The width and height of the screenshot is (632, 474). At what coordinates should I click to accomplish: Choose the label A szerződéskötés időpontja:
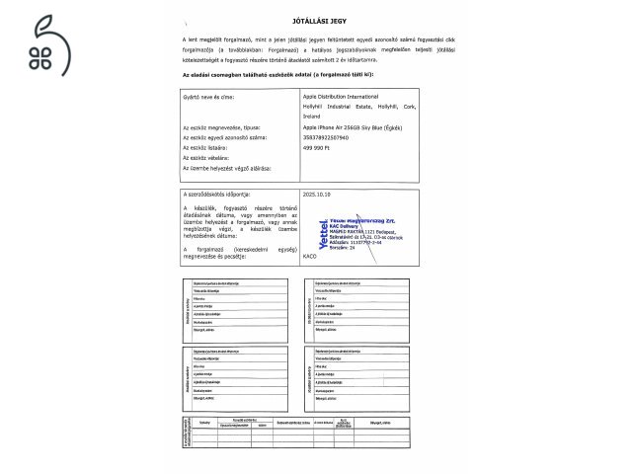218,196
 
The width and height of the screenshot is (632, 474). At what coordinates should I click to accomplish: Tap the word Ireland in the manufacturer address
312,117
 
